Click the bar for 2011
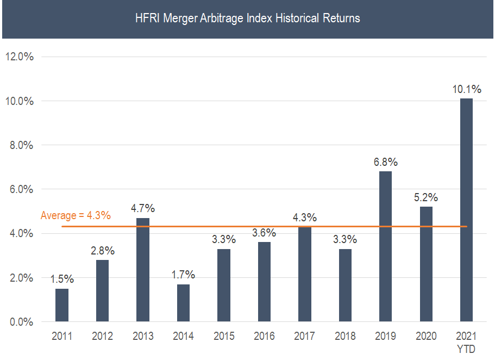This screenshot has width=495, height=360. coord(62,305)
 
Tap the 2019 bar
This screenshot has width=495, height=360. coord(385,246)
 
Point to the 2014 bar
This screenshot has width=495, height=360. coord(183,302)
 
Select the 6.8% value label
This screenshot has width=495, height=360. coord(385,162)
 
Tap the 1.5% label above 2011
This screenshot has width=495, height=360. coord(62,279)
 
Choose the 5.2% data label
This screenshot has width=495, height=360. coord(426,197)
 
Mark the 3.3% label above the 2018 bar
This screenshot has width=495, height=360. coord(345,239)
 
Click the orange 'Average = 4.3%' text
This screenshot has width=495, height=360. coord(76,215)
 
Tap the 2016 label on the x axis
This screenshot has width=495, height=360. coord(264,337)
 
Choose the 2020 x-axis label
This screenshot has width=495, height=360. coord(426,337)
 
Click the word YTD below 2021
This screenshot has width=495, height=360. coord(466,349)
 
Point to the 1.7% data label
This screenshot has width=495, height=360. coord(183,275)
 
